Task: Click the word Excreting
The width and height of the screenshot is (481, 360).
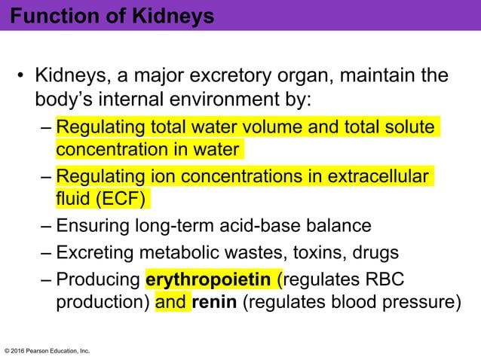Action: click(x=96, y=253)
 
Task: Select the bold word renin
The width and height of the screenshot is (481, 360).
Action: click(x=214, y=304)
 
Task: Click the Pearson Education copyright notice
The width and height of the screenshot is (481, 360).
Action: click(x=47, y=350)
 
